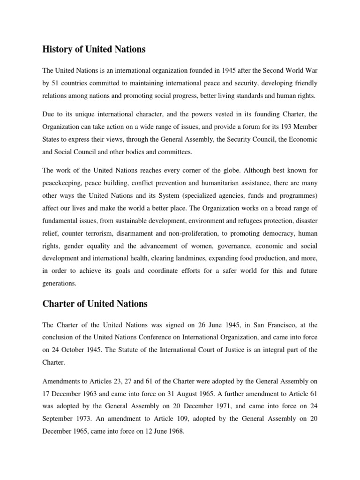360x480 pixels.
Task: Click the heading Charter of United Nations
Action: [95, 304]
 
